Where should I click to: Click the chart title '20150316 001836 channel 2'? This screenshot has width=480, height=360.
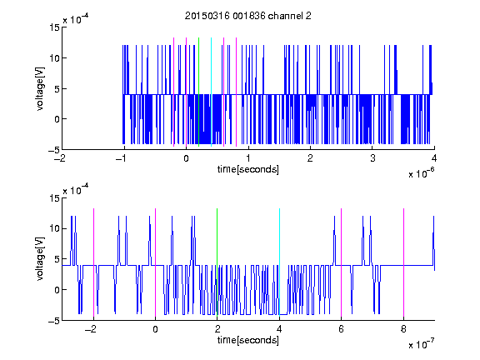click(248, 16)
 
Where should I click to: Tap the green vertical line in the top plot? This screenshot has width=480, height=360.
click(198, 92)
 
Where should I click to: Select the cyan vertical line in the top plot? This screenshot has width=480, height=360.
click(211, 92)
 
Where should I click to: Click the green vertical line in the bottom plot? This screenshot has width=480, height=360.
click(217, 262)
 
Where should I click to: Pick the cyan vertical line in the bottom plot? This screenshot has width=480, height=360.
click(279, 262)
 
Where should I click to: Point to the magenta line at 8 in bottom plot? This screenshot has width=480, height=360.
click(404, 262)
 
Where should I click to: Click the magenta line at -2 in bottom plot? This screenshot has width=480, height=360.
click(93, 262)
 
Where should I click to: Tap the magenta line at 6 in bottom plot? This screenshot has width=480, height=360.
click(342, 262)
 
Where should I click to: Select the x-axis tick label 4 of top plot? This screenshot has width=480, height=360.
click(434, 158)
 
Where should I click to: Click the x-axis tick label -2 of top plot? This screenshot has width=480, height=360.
click(61, 158)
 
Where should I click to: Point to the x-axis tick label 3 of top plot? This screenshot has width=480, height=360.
click(372, 158)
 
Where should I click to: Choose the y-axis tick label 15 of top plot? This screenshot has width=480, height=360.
click(54, 27)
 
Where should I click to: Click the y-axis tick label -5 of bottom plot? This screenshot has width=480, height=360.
click(54, 321)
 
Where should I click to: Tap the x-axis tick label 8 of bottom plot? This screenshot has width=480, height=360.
click(403, 329)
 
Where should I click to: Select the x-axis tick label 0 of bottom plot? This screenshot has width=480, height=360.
click(156, 329)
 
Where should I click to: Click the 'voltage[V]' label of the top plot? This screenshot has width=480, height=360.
click(40, 88)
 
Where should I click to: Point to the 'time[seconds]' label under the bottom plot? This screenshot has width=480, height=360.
click(248, 340)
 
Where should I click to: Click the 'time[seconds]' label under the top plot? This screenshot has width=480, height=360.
click(248, 169)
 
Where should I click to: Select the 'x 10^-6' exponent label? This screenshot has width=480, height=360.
click(421, 172)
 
